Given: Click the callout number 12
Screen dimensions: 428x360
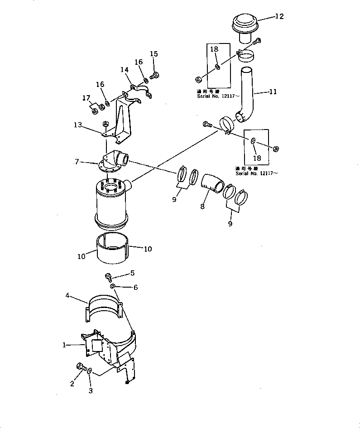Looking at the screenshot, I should pyautogui.click(x=279, y=17).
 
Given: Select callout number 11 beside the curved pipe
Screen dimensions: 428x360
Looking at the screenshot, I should pyautogui.click(x=273, y=91).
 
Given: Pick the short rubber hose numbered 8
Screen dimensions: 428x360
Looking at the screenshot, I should pyautogui.click(x=211, y=185).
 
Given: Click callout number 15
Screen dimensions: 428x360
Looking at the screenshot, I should pyautogui.click(x=154, y=54).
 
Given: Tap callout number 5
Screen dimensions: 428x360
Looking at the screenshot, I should pyautogui.click(x=132, y=273).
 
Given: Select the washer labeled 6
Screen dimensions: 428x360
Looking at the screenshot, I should pyautogui.click(x=112, y=286).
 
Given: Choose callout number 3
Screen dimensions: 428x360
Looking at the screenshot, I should pyautogui.click(x=90, y=390).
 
